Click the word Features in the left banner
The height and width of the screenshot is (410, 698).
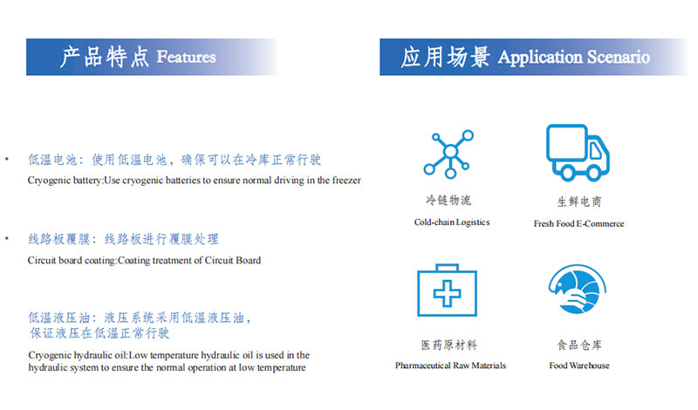coord(186,57)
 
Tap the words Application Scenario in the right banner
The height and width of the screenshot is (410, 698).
coord(574,58)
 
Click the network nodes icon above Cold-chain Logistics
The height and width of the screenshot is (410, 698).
coord(448,154)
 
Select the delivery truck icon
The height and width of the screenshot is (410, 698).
coord(578,153)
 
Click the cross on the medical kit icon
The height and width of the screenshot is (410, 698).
coord(447,293)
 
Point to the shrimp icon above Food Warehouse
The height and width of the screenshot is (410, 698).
coord(578,289)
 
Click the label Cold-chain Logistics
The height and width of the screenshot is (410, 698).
coord(452,222)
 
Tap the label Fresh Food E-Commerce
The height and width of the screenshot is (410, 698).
coord(578,223)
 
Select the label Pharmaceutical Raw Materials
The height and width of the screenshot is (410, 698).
coord(450,366)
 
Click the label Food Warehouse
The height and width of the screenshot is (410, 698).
coord(579,366)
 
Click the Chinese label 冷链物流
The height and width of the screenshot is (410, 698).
coord(448,200)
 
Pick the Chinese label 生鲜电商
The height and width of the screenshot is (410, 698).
coord(579,202)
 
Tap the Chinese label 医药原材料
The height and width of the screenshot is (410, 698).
coord(448,345)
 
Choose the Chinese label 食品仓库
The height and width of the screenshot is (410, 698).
coord(579,345)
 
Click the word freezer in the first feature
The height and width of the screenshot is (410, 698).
coord(346,181)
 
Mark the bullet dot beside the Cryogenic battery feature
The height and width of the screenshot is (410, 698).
coord(7,159)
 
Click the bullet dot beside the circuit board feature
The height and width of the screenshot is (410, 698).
coord(7,239)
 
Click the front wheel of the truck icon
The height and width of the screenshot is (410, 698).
coord(593,172)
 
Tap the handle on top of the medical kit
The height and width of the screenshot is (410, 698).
coord(447,267)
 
